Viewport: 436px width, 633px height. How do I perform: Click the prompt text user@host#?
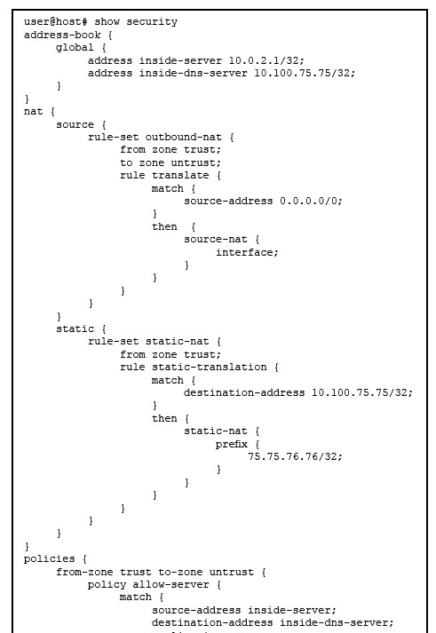55,22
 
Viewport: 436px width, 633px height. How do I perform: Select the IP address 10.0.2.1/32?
266,60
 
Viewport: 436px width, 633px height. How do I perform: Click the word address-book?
62,35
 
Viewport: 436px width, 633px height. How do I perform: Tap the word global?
75,48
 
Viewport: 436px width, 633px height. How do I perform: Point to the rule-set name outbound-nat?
183,137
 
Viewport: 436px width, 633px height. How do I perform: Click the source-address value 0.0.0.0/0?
311,201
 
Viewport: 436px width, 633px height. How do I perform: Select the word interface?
247,252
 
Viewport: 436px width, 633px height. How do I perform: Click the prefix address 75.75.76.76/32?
295,456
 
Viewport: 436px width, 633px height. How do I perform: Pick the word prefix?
232,444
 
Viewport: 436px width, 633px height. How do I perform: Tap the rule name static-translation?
209,367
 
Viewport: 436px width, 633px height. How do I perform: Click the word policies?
49,558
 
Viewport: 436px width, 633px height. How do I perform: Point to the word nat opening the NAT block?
33,112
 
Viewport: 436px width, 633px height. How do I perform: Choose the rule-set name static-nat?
178,342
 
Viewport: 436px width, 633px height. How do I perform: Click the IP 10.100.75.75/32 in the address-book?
305,73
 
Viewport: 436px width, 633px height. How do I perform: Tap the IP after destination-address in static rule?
361,392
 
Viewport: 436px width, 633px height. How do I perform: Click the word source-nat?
215,240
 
